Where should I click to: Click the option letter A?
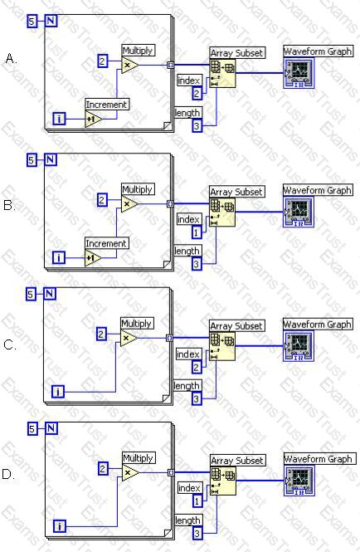pos(11,58)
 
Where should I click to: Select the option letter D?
pos(8,475)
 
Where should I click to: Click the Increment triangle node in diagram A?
pos(94,119)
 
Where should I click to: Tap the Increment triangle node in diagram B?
pos(93,258)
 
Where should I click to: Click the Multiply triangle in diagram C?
pos(129,339)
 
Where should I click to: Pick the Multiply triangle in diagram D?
pos(130,473)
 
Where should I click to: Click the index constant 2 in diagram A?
pos(197,94)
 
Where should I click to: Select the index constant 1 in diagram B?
pos(197,232)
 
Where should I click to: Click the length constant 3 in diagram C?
pos(197,399)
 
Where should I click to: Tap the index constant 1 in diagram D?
pos(197,501)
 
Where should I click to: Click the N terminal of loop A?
pos(51,21)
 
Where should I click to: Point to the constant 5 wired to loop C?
pos(31,294)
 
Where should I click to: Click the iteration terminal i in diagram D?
pos(60,526)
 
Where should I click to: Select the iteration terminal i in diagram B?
pos(59,258)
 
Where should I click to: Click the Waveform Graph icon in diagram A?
pos(299,74)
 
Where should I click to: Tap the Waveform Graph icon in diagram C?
pos(299,346)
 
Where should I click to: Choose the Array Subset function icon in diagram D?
pos(223,481)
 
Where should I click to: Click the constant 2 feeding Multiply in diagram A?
pos(102,61)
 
